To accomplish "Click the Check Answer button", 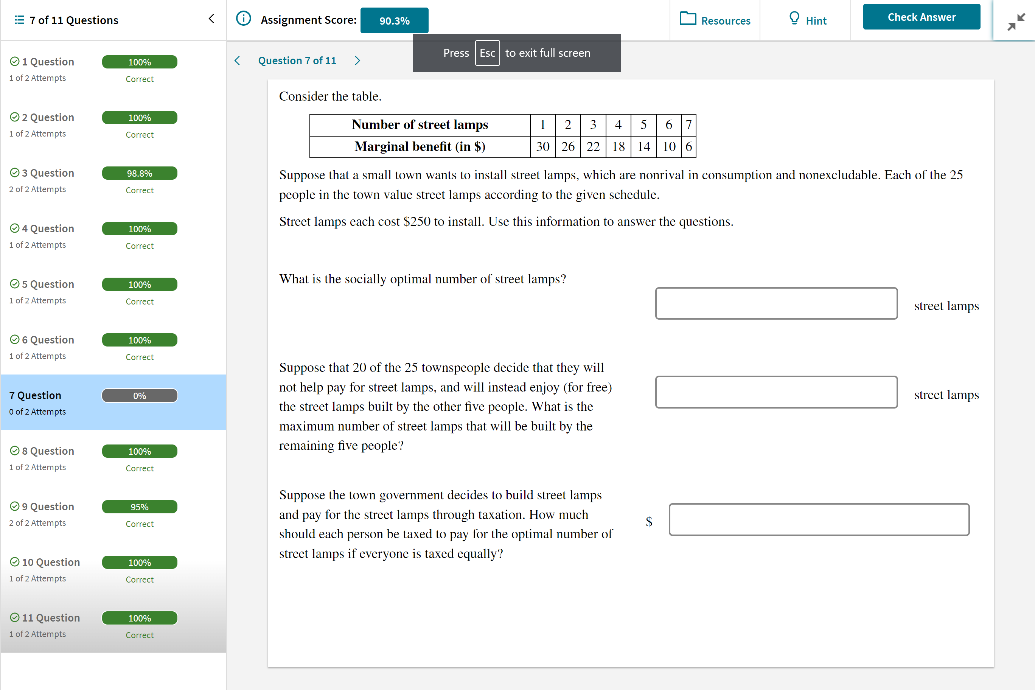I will (921, 17).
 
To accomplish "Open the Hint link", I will (808, 20).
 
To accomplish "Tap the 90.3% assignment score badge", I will (394, 21).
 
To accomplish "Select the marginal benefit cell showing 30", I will (542, 146).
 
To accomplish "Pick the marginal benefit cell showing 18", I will (618, 146).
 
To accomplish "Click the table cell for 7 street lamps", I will (688, 125).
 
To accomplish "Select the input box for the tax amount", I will (819, 519).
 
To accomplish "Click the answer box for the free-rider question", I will (776, 392).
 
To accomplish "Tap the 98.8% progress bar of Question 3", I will (140, 173).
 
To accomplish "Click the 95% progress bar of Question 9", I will (140, 507).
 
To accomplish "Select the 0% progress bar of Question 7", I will (140, 396).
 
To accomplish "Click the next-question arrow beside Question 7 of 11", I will (357, 61).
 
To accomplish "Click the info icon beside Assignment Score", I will (243, 19).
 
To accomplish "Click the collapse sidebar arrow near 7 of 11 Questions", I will (211, 19).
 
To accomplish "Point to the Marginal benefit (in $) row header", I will (420, 146).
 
